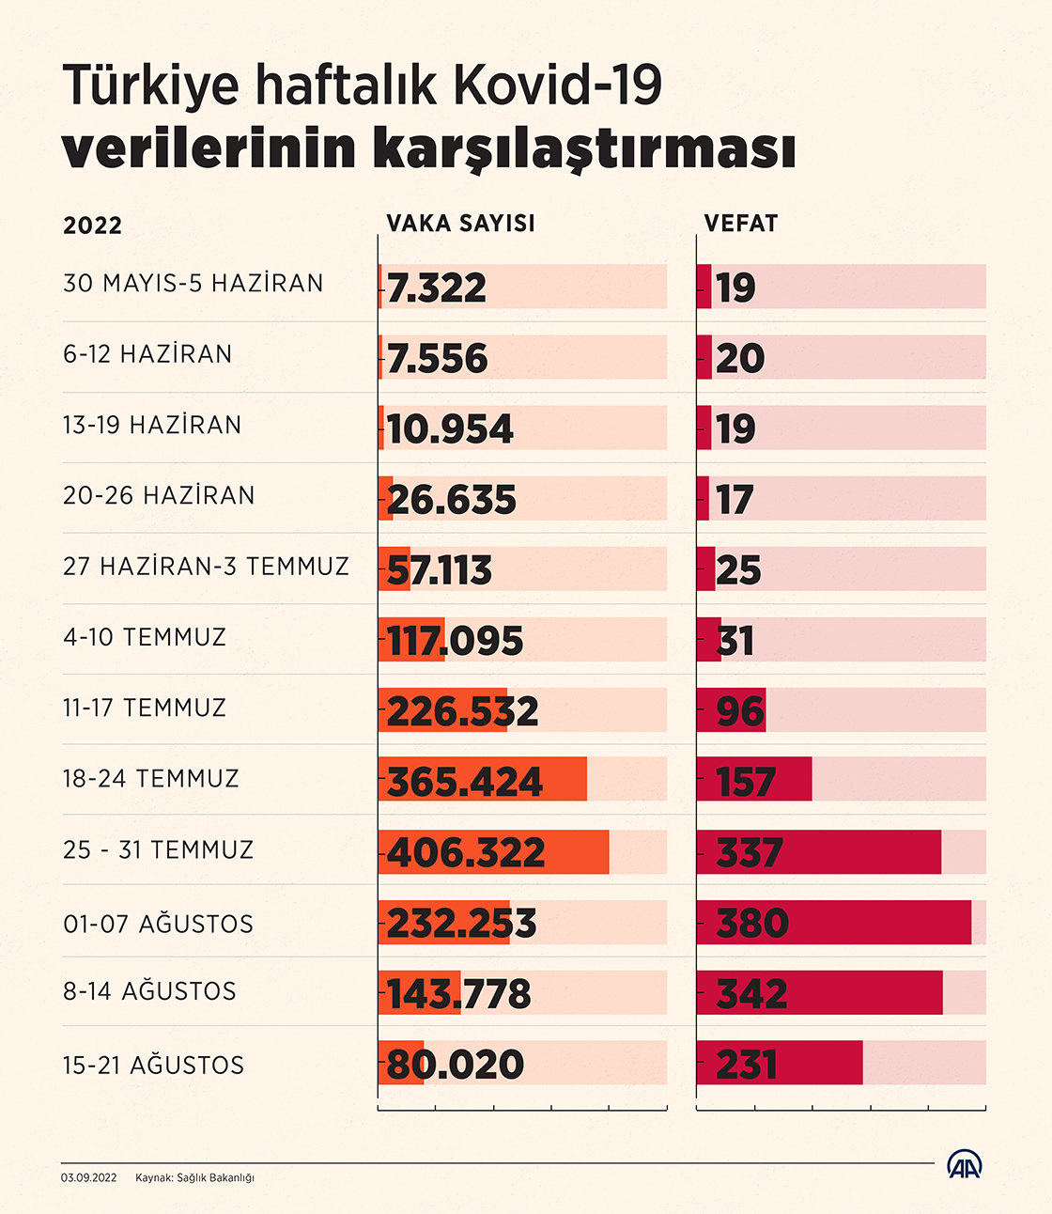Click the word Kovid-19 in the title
click(558, 86)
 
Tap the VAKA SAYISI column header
click(461, 224)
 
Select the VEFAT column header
click(741, 224)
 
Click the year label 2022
click(93, 226)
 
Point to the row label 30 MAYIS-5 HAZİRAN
click(193, 283)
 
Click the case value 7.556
click(437, 358)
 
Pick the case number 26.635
click(451, 500)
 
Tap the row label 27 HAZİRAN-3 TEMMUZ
click(206, 567)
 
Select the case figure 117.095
click(455, 641)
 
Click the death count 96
click(740, 711)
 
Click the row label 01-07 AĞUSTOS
click(158, 924)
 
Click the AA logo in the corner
click(965, 1164)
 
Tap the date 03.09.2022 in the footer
click(88, 1177)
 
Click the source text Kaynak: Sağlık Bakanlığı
click(195, 1178)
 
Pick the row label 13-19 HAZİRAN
click(152, 426)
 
